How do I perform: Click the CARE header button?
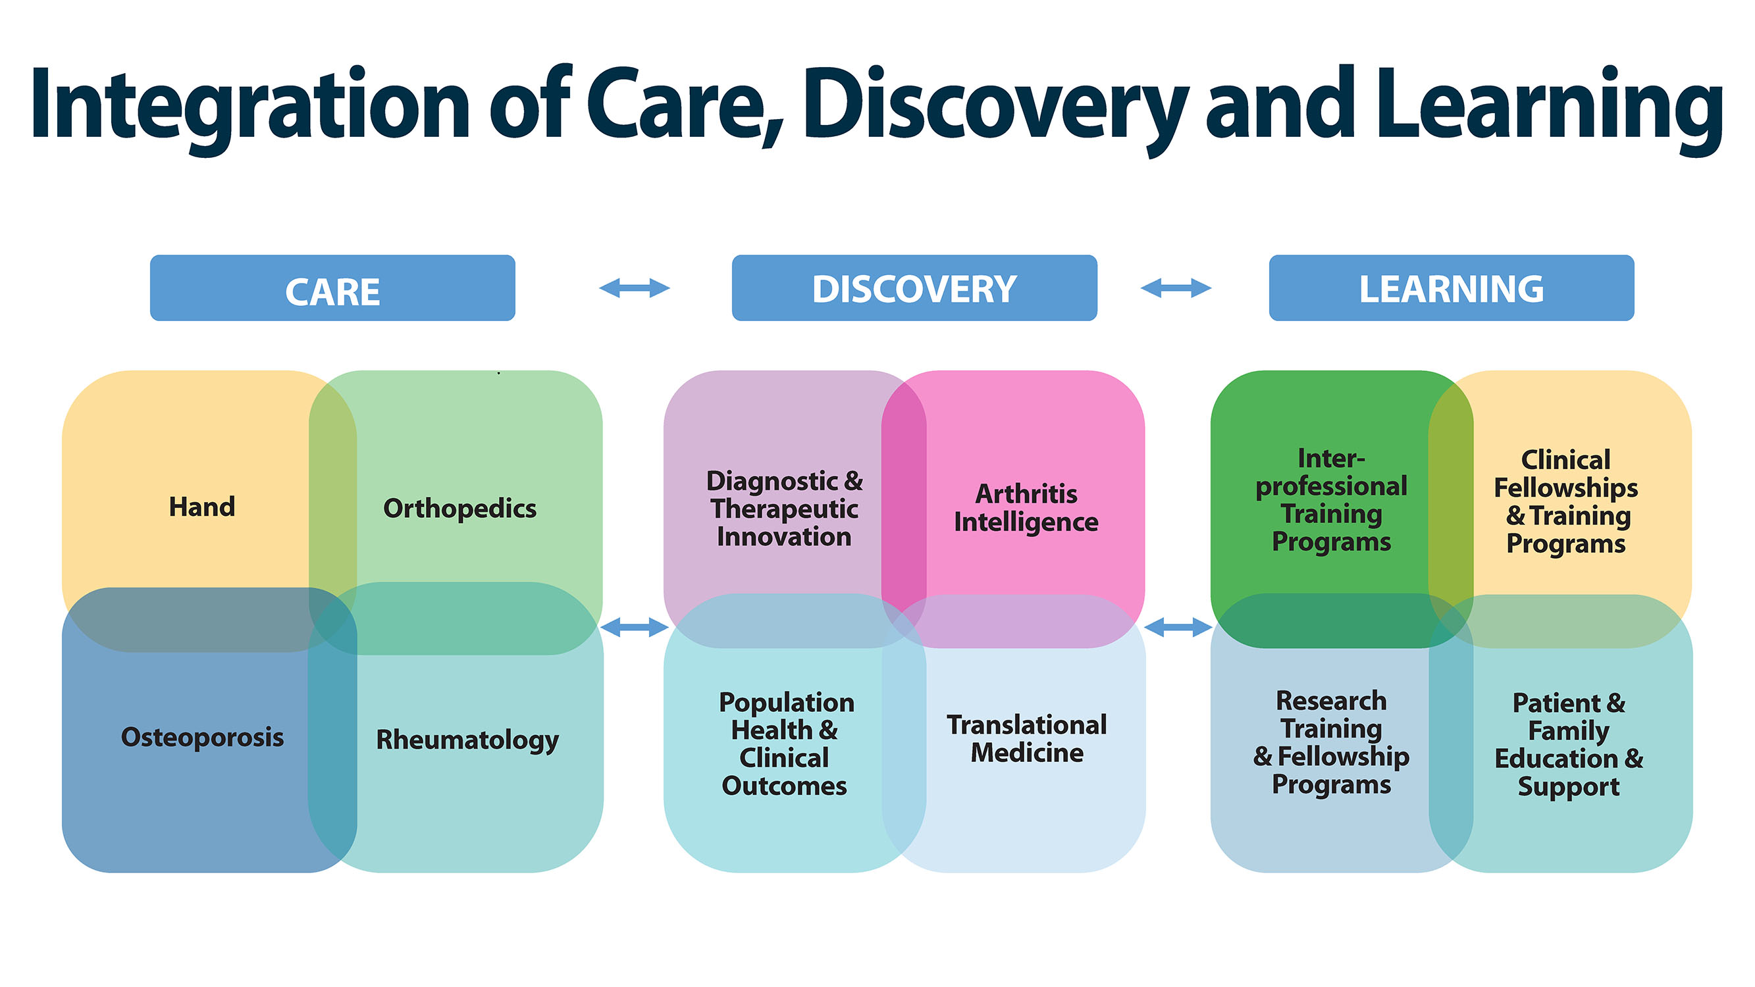(x=332, y=288)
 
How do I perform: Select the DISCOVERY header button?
(x=914, y=288)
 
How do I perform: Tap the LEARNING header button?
(x=1451, y=288)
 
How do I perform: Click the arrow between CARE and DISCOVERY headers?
(x=635, y=288)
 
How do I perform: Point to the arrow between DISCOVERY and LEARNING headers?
(x=1176, y=288)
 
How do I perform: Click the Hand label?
(x=201, y=507)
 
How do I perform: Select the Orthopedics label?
(x=460, y=508)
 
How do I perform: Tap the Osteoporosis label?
(x=202, y=737)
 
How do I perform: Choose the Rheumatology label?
(x=467, y=740)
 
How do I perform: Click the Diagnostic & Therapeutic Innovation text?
(x=784, y=509)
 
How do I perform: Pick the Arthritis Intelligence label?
(x=1026, y=508)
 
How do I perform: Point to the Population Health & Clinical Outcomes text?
(x=785, y=744)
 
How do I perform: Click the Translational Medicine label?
(x=1027, y=738)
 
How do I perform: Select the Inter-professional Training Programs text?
(x=1331, y=500)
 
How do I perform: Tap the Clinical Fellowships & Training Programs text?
(x=1566, y=501)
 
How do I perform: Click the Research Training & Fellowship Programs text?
(x=1331, y=742)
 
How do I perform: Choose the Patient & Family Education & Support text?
(x=1568, y=744)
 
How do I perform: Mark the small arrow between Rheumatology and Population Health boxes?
(x=635, y=626)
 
